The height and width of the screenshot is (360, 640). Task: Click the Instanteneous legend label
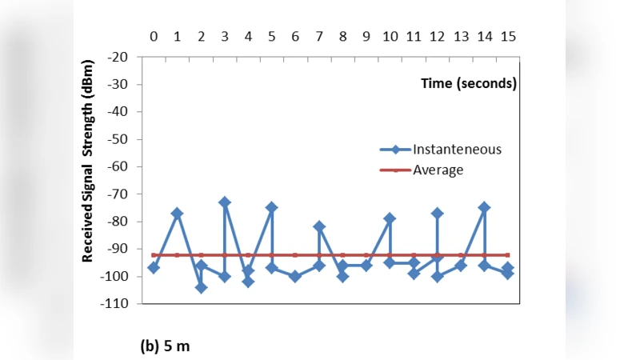pyautogui.click(x=457, y=149)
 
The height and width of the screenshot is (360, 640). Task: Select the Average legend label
pyautogui.click(x=438, y=170)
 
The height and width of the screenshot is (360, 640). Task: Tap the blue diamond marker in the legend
pyautogui.click(x=395, y=150)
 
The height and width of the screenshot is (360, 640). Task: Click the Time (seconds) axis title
pyautogui.click(x=469, y=83)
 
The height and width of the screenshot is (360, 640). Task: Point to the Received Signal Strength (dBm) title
pyautogui.click(x=89, y=160)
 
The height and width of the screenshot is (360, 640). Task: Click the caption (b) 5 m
pyautogui.click(x=166, y=346)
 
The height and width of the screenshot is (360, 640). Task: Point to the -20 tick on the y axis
pyautogui.click(x=119, y=57)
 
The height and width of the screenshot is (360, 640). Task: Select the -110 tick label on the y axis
pyautogui.click(x=116, y=304)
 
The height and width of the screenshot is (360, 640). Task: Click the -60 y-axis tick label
pyautogui.click(x=119, y=166)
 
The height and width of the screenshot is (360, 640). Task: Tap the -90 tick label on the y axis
pyautogui.click(x=119, y=249)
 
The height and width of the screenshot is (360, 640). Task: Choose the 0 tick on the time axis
pyautogui.click(x=154, y=36)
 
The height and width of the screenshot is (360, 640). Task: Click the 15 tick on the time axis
pyautogui.click(x=508, y=36)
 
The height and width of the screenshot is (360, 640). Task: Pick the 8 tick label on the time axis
pyautogui.click(x=342, y=36)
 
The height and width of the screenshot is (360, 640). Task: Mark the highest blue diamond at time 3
pyautogui.click(x=225, y=202)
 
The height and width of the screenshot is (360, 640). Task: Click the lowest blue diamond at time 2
pyautogui.click(x=201, y=287)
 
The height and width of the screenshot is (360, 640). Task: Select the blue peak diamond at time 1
pyautogui.click(x=177, y=214)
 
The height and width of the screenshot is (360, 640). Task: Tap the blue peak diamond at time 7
pyautogui.click(x=319, y=226)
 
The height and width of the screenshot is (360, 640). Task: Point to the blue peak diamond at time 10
pyautogui.click(x=390, y=218)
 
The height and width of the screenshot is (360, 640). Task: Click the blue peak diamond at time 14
pyautogui.click(x=484, y=207)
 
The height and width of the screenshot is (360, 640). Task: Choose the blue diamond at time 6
pyautogui.click(x=295, y=276)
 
